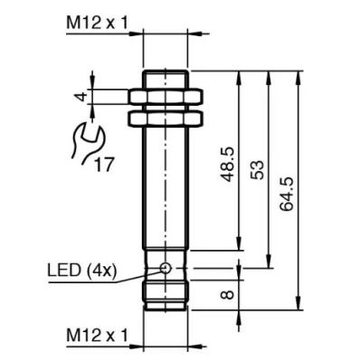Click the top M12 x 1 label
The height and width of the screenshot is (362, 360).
(97, 23)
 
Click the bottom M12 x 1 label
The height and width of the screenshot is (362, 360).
(97, 335)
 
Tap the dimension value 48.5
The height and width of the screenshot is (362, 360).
(228, 164)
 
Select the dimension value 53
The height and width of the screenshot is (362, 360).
(257, 170)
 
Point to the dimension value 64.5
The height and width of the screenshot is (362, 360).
(286, 194)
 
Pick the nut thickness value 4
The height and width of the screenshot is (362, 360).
(81, 97)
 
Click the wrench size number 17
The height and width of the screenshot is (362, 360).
(104, 165)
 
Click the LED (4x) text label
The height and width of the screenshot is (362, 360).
(81, 271)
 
